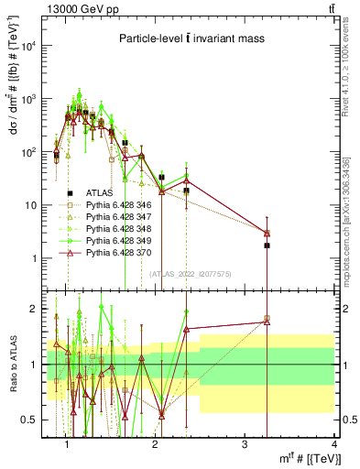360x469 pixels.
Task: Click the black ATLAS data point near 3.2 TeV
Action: coord(267,245)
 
